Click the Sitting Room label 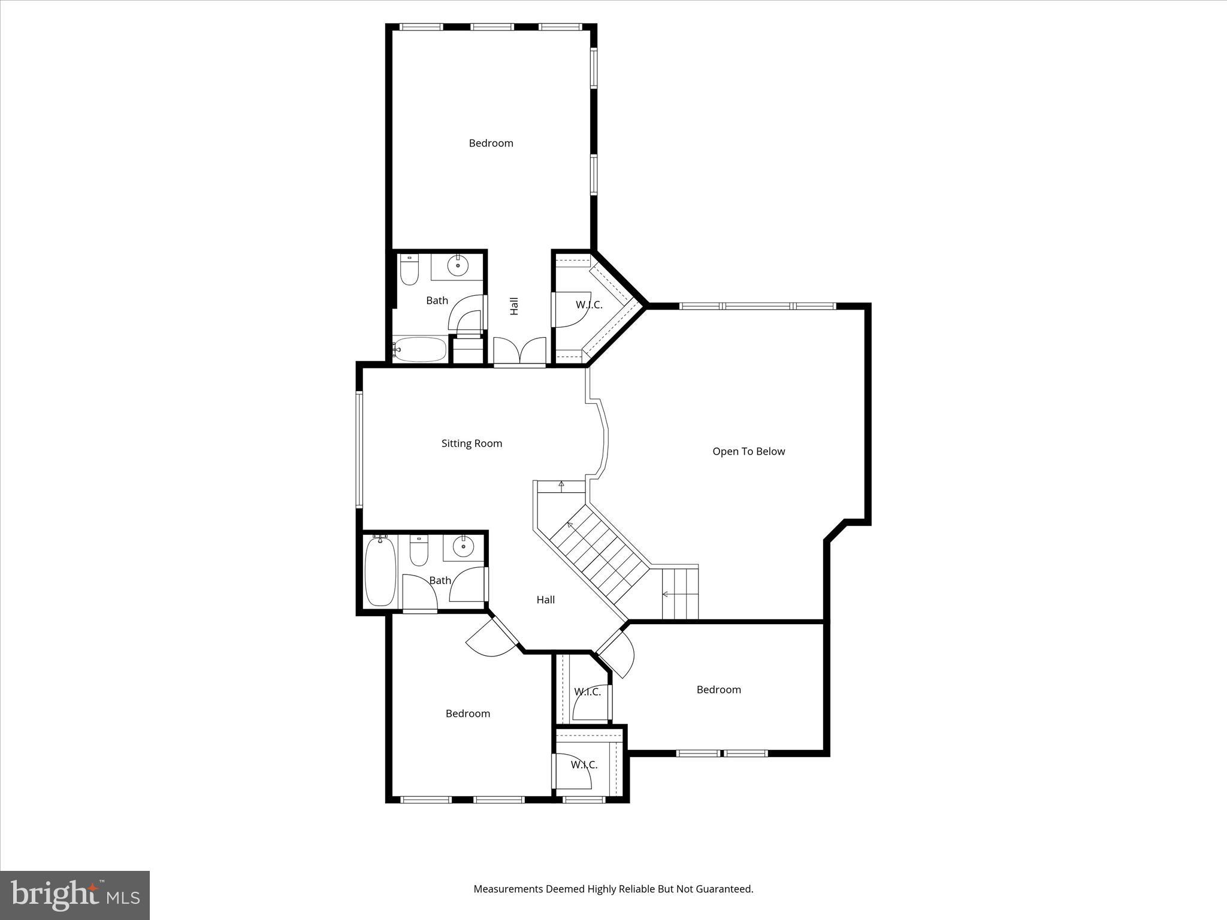coord(472,443)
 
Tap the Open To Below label coord(748,451)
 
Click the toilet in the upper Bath coord(409,271)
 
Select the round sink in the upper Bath coord(458,265)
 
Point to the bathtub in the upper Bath coord(420,349)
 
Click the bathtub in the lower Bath coord(380,571)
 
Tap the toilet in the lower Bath coord(419,551)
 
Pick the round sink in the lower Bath coord(463,546)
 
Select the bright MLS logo coord(75,895)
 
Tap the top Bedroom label coord(491,143)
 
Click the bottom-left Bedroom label coord(467,713)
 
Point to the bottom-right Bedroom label coord(718,689)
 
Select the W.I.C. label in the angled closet coord(589,305)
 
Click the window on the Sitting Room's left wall coord(359,449)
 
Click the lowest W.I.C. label coord(584,765)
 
